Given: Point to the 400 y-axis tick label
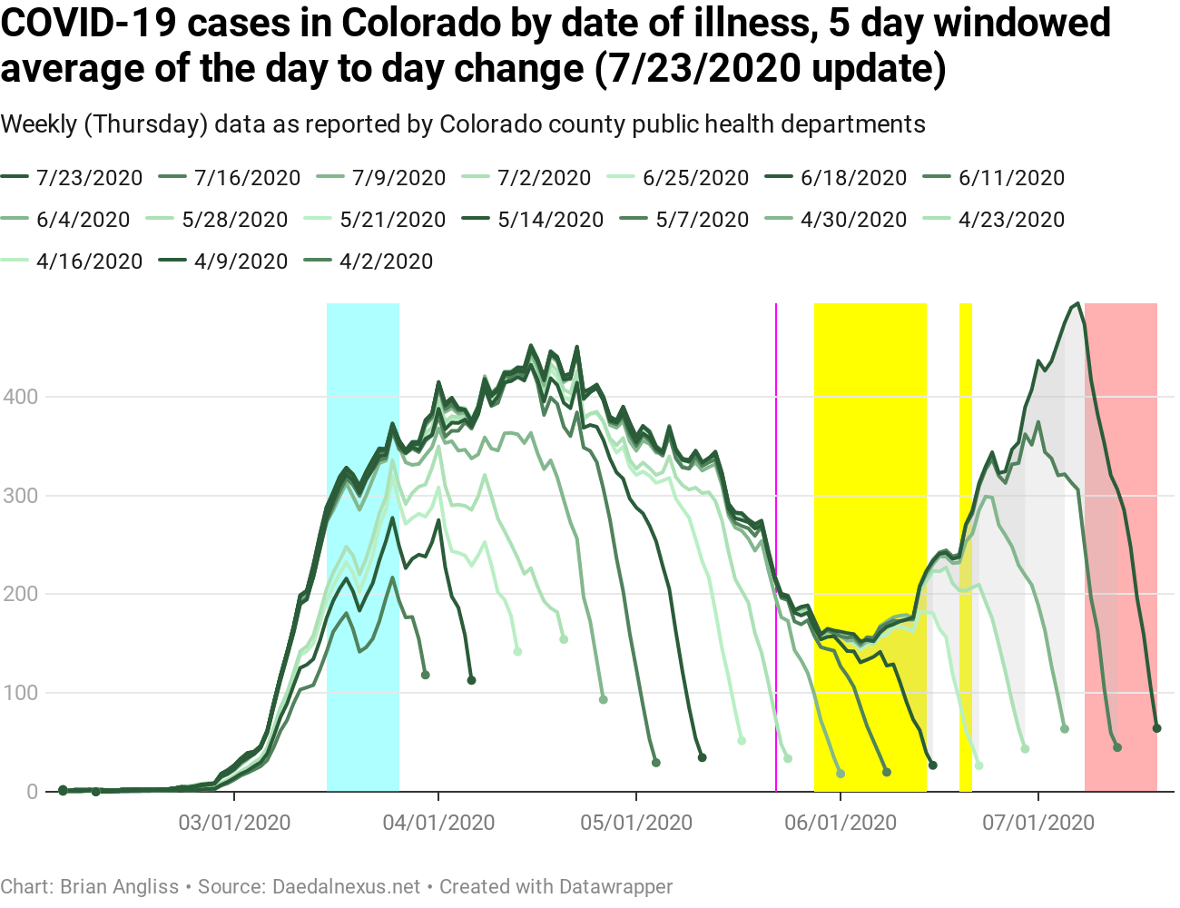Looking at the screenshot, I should (x=19, y=397).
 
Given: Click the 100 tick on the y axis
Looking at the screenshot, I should (x=19, y=693).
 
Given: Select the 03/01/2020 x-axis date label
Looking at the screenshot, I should (x=234, y=823).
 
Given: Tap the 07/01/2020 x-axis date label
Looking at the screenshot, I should (x=1038, y=823).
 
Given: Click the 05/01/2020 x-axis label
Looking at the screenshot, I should (x=636, y=823).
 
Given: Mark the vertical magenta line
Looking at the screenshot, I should (x=776, y=545).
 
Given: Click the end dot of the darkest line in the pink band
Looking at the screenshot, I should (x=1156, y=728).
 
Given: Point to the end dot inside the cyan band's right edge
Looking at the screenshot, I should (x=425, y=675).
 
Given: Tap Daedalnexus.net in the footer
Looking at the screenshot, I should (x=346, y=886).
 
